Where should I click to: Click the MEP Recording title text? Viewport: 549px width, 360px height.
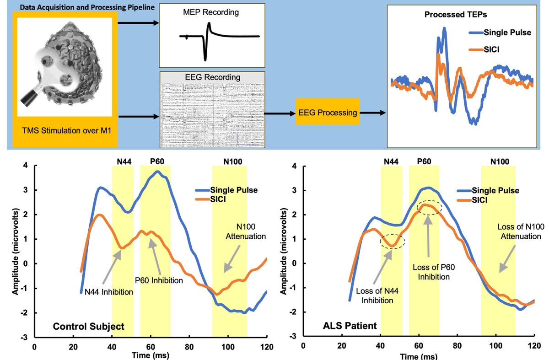coord(211,12)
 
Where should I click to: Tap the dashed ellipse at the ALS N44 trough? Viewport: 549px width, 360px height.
coord(392,242)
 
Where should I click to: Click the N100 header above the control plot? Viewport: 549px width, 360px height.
coord(230,161)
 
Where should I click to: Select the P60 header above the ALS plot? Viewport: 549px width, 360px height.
coord(424,161)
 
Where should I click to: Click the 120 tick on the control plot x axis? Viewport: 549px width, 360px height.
coord(265,347)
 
